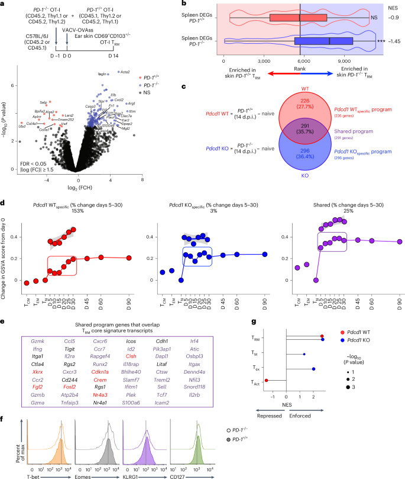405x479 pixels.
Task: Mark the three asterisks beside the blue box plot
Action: [370, 41]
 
